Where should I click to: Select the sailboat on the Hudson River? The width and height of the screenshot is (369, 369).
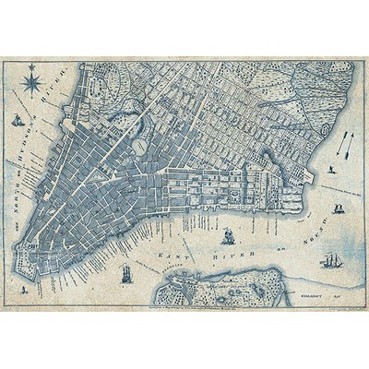tap(17, 121)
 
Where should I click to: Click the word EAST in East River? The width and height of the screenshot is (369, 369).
tap(173, 252)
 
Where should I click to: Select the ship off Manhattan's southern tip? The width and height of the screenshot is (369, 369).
tap(125, 274)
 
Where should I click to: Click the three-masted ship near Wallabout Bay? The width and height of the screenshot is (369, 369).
tap(330, 261)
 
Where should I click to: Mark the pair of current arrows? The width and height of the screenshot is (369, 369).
tap(342, 142)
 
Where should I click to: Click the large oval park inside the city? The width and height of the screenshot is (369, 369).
tap(140, 147)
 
